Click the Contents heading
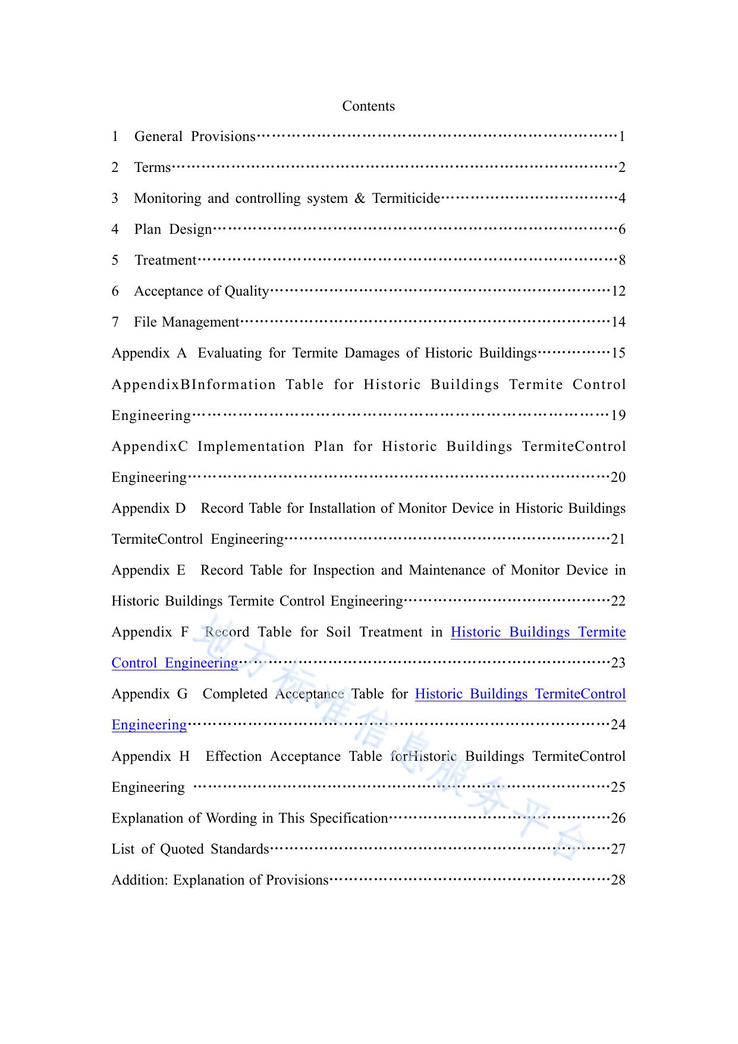coord(368,106)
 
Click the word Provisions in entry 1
coord(223,137)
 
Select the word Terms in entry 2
coord(152,168)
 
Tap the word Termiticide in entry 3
coord(406,199)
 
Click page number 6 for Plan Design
coord(622,230)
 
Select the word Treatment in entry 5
coord(165,261)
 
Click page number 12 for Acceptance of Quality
coord(618,291)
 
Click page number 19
coord(618,415)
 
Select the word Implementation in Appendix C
coord(251,447)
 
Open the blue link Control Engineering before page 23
coord(175,663)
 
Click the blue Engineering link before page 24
coord(149,725)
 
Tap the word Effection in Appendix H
coord(234,757)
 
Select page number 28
coord(618,880)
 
